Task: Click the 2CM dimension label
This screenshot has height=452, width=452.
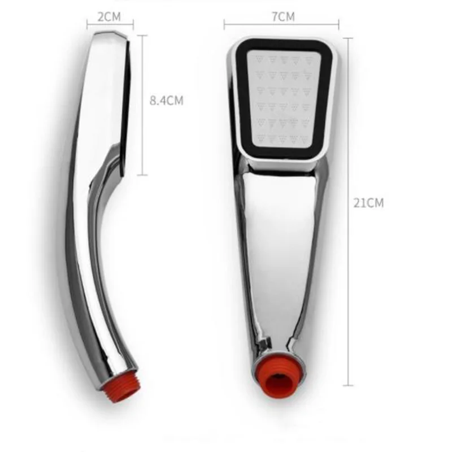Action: pyautogui.click(x=109, y=17)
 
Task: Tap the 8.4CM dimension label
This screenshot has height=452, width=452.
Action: pyautogui.click(x=166, y=101)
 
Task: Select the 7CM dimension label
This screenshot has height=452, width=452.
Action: pyautogui.click(x=284, y=17)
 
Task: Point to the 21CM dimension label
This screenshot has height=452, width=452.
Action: pyautogui.click(x=368, y=203)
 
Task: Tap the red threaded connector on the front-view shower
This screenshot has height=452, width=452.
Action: pyautogui.click(x=279, y=380)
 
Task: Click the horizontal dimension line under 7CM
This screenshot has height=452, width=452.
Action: pyautogui.click(x=281, y=25)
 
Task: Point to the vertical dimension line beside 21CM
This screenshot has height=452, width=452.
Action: pyautogui.click(x=348, y=211)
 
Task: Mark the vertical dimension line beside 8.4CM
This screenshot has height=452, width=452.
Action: pyautogui.click(x=142, y=105)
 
